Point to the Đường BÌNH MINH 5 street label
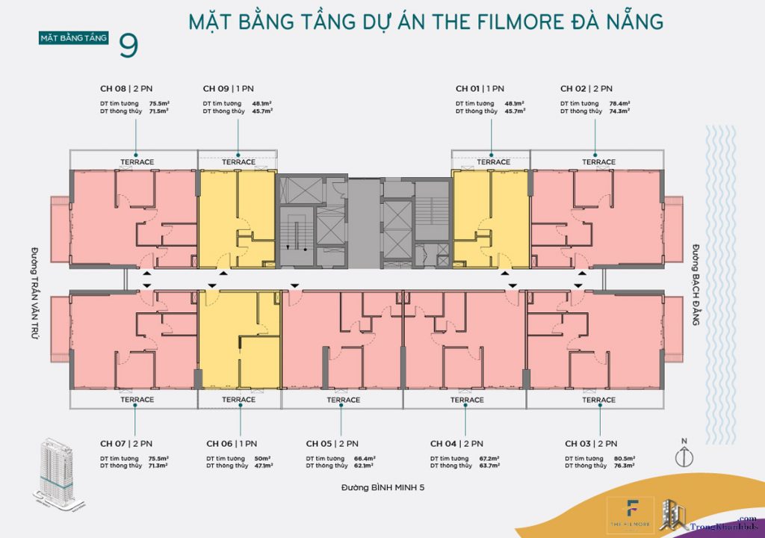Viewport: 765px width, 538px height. [x=382, y=487]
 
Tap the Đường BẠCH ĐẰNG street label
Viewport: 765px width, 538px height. [x=696, y=285]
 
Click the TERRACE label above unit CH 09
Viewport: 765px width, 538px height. [x=238, y=162]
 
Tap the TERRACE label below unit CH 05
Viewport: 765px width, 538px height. [x=343, y=401]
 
